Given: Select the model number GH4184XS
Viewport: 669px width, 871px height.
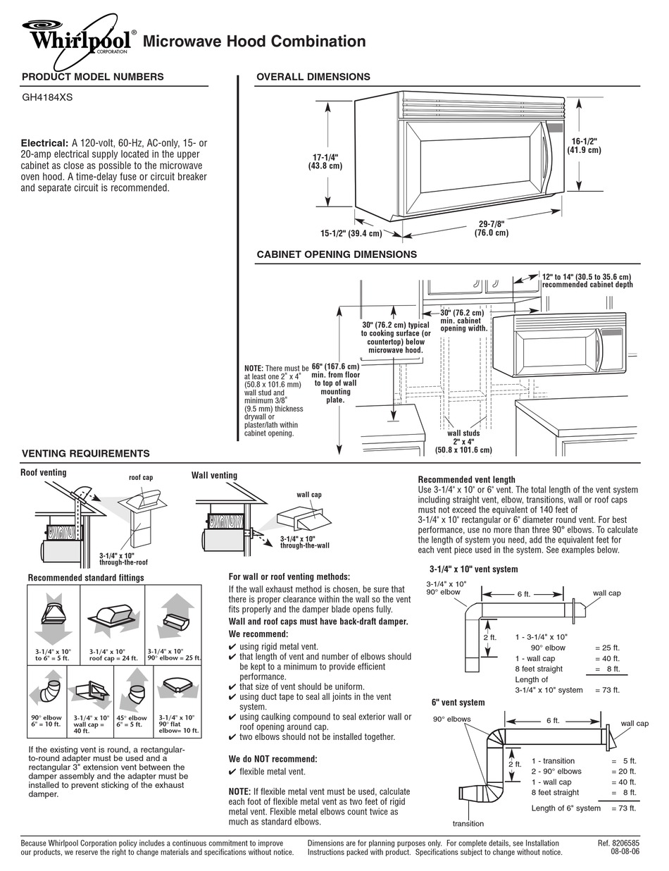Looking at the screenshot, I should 47,99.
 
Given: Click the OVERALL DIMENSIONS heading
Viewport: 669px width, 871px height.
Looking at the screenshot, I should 313,77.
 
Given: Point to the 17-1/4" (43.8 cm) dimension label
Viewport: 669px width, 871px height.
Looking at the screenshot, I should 324,161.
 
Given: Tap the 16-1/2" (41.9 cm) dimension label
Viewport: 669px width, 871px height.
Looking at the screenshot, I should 585,145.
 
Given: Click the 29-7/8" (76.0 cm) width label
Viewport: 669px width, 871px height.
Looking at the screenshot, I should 491,228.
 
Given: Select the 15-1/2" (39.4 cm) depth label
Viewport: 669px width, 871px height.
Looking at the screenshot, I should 351,233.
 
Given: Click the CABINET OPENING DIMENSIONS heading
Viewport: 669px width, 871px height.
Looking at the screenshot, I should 336,254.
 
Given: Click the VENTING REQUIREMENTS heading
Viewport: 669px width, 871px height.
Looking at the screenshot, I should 85,454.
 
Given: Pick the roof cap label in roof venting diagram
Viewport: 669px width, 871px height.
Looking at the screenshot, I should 140,478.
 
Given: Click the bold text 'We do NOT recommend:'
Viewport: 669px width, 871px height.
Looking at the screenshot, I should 273,759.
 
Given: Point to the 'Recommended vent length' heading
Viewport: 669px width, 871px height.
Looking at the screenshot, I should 466,480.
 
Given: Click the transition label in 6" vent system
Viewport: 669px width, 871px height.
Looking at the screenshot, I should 468,823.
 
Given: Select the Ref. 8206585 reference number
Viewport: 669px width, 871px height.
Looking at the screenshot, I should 618,843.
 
